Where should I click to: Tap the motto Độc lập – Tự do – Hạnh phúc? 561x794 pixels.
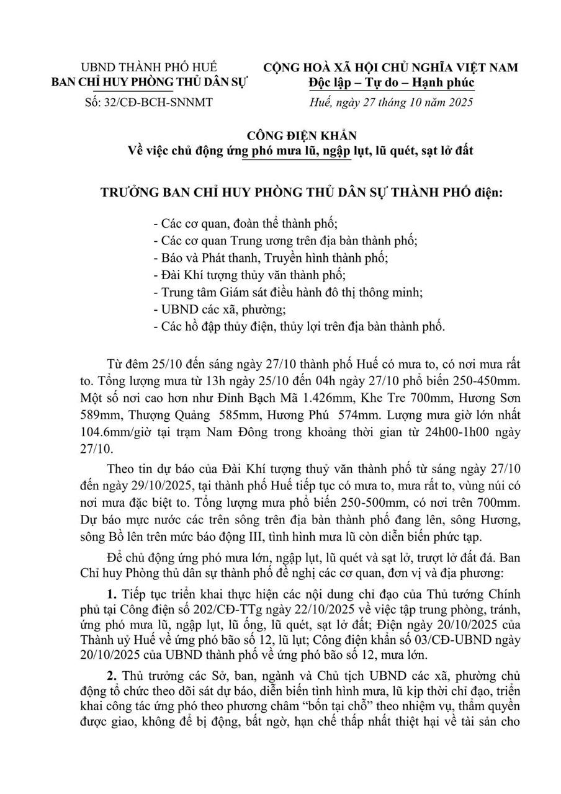(390, 83)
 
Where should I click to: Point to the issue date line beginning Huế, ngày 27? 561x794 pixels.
(390, 102)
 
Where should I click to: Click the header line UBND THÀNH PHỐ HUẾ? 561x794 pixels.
(150, 67)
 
